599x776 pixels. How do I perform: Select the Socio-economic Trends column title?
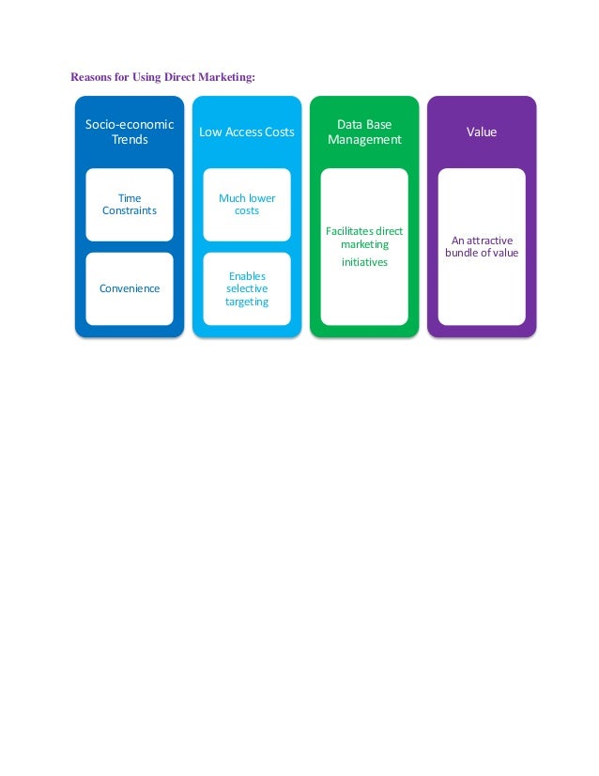pos(130,132)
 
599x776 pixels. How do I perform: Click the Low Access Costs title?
pos(247,132)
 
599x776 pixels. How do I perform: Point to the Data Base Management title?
pos(364,132)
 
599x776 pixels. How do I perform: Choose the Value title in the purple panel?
pos(482,132)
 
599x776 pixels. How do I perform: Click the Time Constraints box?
pos(130,204)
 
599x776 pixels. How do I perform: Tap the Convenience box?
pos(130,288)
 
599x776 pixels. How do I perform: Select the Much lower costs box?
pos(247,204)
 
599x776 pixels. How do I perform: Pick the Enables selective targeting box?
pos(247,288)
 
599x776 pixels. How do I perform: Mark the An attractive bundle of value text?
pos(482,246)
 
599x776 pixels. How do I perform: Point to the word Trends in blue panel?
pos(130,140)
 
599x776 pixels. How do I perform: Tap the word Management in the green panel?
pos(364,140)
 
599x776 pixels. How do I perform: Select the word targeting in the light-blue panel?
pos(247,302)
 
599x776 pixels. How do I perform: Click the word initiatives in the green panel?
pos(364,262)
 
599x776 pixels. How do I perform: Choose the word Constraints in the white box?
pos(130,210)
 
